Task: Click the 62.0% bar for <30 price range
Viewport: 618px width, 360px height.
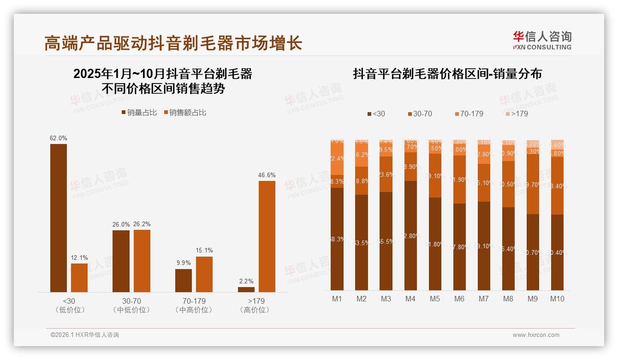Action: coord(59,218)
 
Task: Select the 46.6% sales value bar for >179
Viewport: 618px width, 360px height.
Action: coord(267,236)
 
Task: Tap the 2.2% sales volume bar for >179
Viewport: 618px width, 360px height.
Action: coord(246,289)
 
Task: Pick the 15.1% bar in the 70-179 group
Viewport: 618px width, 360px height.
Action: coord(204,274)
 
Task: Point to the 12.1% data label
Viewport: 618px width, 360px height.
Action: coord(79,258)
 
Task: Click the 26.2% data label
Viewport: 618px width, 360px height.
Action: coord(142,224)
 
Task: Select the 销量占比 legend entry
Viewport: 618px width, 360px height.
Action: coord(139,112)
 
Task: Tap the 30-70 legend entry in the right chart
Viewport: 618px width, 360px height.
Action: coord(420,114)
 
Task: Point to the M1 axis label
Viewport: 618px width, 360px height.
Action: coord(337,299)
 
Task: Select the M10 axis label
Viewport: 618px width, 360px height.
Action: coord(557,299)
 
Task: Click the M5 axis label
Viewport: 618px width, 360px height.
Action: coord(435,299)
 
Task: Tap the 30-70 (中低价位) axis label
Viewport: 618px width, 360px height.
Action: coord(131,305)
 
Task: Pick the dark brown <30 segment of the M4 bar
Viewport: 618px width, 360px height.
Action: coord(410,235)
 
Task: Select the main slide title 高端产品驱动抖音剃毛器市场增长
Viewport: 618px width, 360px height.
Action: coord(173,43)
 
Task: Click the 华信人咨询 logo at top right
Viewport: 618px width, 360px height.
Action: coord(542,40)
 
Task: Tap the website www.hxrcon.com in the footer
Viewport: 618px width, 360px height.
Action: coord(536,335)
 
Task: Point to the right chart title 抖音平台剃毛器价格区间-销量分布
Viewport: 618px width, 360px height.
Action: coord(447,74)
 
